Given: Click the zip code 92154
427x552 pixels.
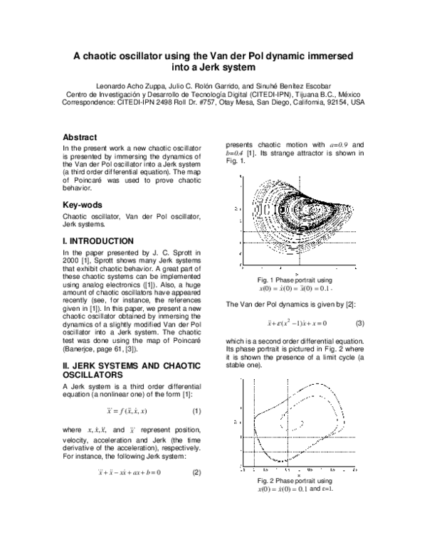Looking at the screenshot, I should [x=334, y=102].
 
